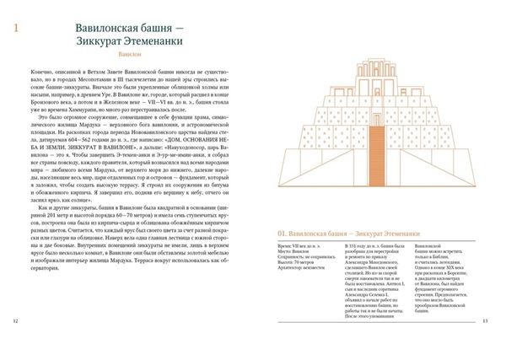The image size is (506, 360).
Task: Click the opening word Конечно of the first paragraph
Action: point(40,76)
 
